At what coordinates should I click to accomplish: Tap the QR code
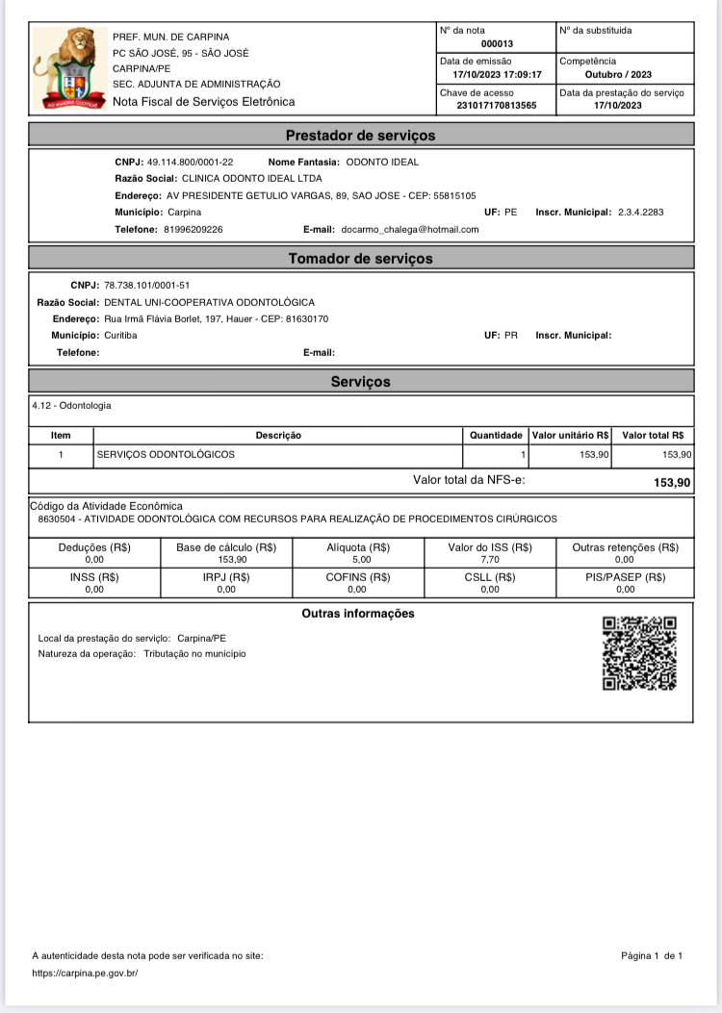639,653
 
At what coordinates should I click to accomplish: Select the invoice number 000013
497,43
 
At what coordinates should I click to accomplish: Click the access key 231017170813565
496,105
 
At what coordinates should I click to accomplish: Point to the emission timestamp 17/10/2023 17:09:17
498,74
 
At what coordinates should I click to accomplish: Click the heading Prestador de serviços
361,136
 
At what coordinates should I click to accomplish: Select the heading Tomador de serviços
361,259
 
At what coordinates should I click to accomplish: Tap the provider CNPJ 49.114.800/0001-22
190,162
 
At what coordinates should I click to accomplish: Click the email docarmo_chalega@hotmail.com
410,229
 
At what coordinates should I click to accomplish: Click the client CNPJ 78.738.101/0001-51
146,286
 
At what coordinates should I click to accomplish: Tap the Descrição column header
278,436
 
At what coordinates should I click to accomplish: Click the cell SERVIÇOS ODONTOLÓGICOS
167,454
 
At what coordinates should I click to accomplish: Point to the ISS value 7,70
490,559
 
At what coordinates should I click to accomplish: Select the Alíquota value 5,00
357,559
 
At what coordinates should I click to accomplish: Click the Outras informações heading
358,614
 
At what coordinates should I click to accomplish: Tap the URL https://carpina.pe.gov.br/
86,973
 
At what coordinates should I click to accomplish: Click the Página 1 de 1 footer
652,955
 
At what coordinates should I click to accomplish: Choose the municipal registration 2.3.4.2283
640,212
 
